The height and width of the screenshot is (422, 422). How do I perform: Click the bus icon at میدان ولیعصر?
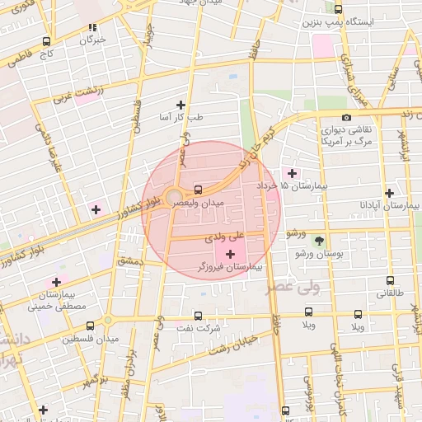click(x=197, y=188)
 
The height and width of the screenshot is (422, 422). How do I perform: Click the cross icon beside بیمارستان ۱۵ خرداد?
click(x=292, y=172)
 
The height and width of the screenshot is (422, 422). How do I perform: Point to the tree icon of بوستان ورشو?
click(x=319, y=241)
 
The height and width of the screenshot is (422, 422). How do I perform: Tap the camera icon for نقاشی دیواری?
click(x=346, y=117)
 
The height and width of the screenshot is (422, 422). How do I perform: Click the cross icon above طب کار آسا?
click(x=181, y=105)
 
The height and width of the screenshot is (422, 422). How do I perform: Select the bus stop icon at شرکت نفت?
click(x=197, y=315)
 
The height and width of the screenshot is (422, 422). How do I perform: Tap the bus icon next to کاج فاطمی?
click(x=46, y=41)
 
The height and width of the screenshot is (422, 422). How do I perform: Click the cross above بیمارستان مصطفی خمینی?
click(x=56, y=281)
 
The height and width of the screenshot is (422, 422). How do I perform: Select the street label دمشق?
click(x=129, y=260)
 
